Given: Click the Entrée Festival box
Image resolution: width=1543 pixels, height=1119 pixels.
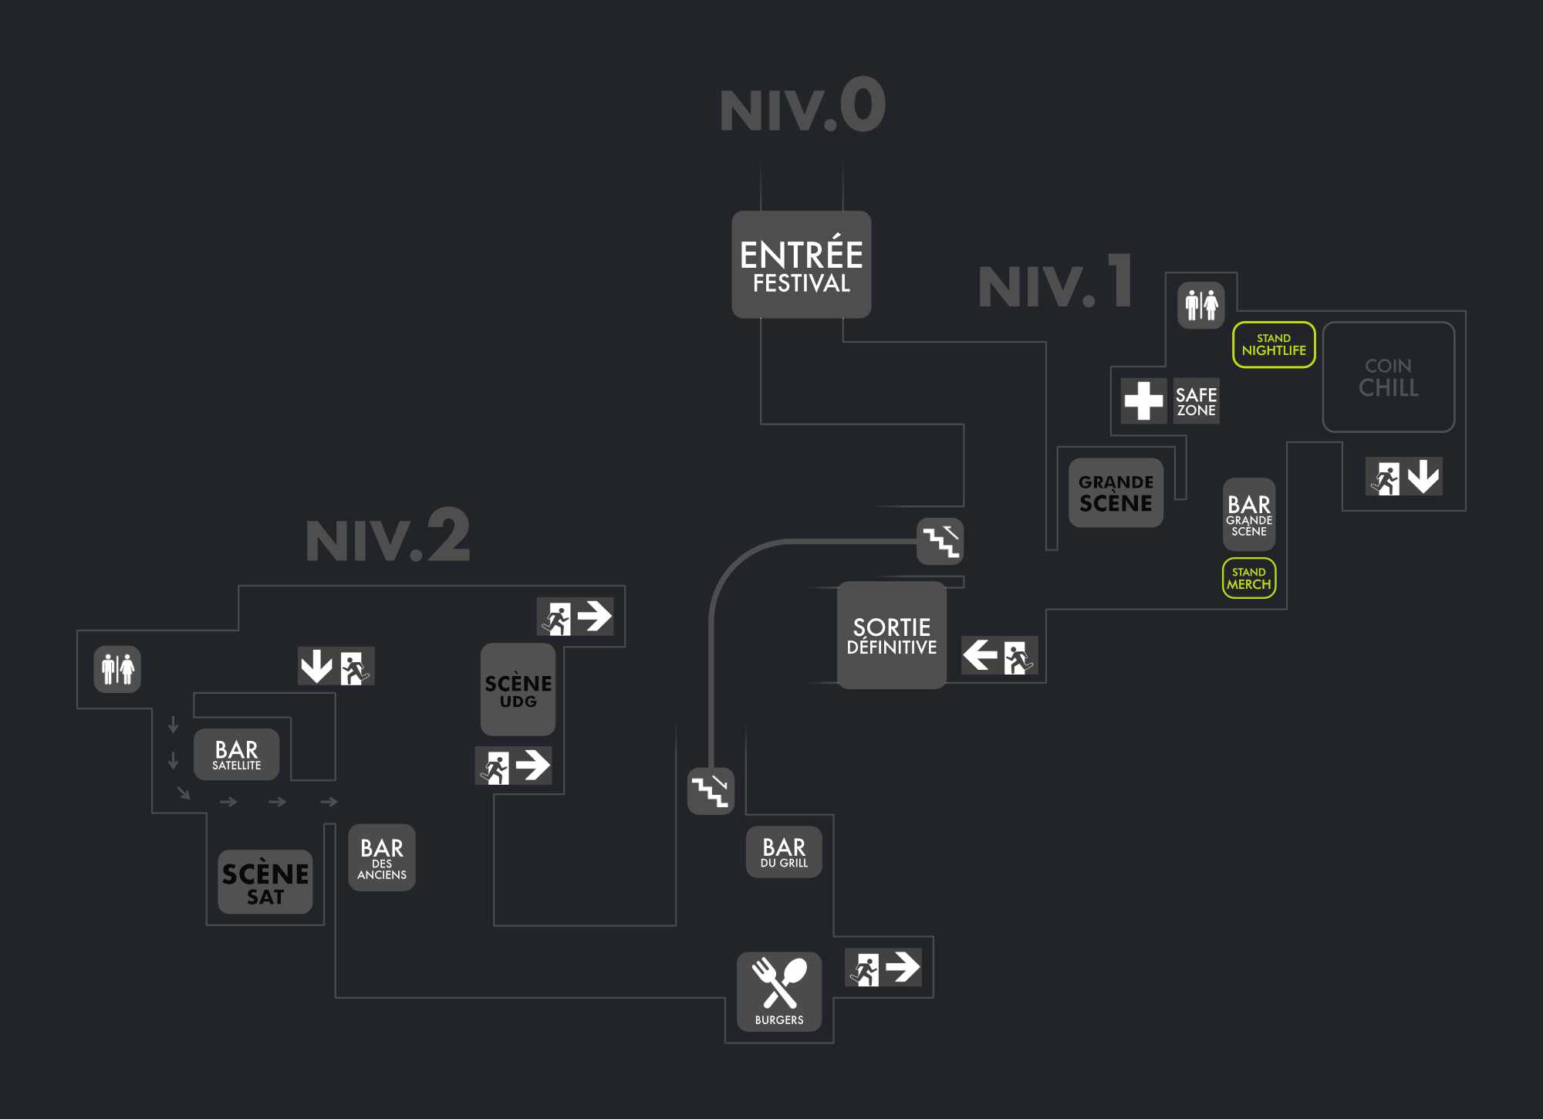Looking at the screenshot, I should pyautogui.click(x=801, y=264).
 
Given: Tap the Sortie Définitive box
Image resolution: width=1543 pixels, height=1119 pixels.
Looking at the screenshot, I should pyautogui.click(x=891, y=635).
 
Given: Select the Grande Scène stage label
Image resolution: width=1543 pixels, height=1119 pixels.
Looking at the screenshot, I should pyautogui.click(x=1116, y=493).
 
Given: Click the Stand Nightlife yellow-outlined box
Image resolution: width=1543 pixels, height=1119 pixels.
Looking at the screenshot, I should pyautogui.click(x=1274, y=344).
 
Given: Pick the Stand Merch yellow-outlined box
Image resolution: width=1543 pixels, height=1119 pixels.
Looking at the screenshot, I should pyautogui.click(x=1249, y=578).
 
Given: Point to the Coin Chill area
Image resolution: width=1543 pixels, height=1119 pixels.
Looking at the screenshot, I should pyautogui.click(x=1388, y=377).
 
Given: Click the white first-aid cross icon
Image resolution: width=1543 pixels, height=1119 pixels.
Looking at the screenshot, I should pyautogui.click(x=1143, y=401).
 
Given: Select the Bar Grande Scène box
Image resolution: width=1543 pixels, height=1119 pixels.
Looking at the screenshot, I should pyautogui.click(x=1249, y=514).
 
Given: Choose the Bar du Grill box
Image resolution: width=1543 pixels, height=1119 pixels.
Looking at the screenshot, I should pyautogui.click(x=784, y=852).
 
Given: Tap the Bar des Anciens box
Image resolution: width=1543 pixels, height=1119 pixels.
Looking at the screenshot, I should pyautogui.click(x=382, y=857).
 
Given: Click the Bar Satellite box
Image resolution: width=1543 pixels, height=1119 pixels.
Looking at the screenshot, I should pyautogui.click(x=236, y=754).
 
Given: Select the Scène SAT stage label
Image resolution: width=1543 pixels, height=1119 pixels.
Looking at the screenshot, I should pyautogui.click(x=265, y=882).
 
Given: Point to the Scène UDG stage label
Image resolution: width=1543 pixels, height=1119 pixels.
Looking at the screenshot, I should pyautogui.click(x=518, y=689).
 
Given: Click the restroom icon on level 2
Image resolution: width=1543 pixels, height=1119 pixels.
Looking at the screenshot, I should pyautogui.click(x=117, y=669).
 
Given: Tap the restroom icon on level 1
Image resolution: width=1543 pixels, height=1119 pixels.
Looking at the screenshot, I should pyautogui.click(x=1201, y=305).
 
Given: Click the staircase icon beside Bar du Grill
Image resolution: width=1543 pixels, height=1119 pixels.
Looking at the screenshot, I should pyautogui.click(x=711, y=790).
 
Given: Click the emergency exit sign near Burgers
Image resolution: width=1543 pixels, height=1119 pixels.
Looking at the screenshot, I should pyautogui.click(x=883, y=968).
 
